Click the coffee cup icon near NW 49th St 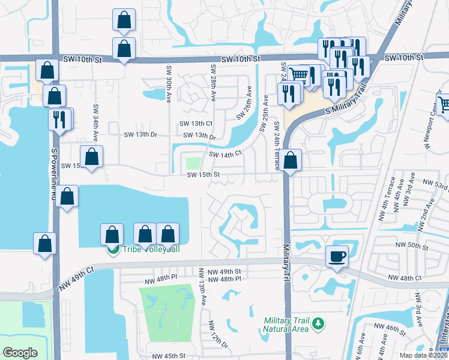point(336,256)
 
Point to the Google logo point(20,353)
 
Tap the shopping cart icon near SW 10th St point(298,75)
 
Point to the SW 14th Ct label point(225,154)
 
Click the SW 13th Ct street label point(196,123)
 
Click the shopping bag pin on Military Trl point(291,161)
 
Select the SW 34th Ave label point(95,120)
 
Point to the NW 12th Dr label point(219,334)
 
